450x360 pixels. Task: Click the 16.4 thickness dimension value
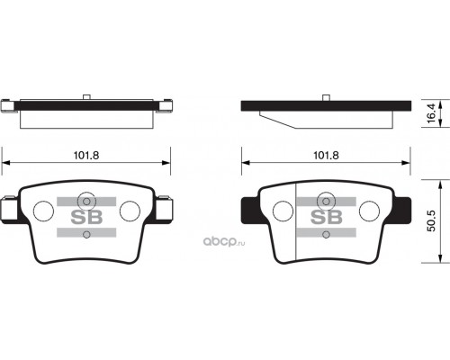click(431, 113)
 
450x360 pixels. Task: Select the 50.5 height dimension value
click(431, 221)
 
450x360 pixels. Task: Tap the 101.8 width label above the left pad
click(86, 155)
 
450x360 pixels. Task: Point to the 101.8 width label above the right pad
click(326, 155)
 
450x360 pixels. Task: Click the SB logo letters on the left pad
click(86, 217)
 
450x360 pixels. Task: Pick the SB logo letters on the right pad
click(327, 217)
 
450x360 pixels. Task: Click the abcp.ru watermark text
click(224, 242)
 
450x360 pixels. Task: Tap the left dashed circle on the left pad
click(43, 211)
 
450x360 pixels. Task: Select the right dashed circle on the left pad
click(130, 211)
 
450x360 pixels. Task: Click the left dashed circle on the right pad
click(283, 211)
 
